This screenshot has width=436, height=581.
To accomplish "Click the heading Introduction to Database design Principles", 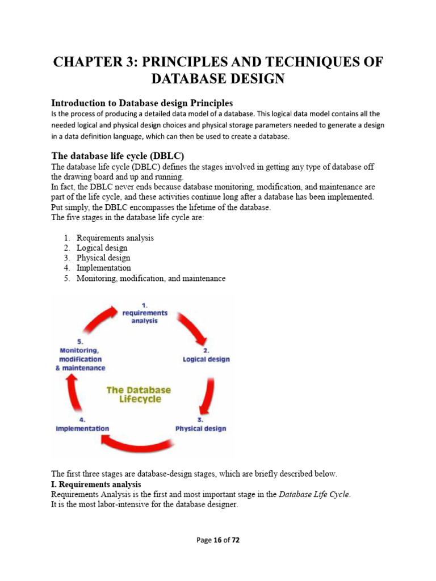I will pos(142,103).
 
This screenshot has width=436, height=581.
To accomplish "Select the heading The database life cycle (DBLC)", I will pos(118,155).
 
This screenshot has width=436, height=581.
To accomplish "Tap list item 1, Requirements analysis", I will pos(115,238).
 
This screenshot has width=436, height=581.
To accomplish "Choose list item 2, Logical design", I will pos(102,248).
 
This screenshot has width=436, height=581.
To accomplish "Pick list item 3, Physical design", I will pos(103,258).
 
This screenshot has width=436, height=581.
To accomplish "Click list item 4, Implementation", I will pos(104,268).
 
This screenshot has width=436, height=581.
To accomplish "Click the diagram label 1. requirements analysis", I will pos(145,313).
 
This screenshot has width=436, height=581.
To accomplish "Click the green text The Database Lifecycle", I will pos(140,394).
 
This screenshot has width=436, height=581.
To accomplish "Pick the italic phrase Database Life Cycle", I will pos(314,494).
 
